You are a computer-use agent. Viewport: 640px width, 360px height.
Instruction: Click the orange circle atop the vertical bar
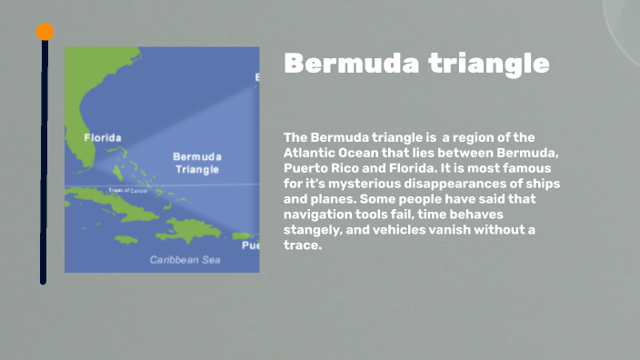[45, 32]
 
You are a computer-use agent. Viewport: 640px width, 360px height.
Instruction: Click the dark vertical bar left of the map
[44, 164]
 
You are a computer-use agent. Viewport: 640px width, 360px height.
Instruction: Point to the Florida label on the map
[102, 138]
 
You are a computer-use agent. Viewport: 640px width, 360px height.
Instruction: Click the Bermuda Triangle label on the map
[196, 163]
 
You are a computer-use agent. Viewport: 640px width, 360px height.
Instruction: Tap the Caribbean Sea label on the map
[185, 260]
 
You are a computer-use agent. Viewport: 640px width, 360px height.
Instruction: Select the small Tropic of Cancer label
[127, 190]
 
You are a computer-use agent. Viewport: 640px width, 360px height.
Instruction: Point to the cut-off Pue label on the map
[249, 245]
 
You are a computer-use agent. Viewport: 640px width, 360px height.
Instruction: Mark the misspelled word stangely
[314, 230]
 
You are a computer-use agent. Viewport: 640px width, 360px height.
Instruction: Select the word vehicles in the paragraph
[412, 230]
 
